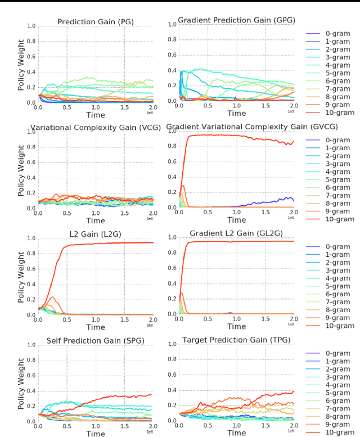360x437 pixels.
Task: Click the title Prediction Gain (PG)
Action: click(94, 22)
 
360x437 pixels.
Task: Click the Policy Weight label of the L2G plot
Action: click(21, 277)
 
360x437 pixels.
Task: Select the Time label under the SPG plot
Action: click(95, 434)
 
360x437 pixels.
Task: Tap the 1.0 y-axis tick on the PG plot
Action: click(32, 26)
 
